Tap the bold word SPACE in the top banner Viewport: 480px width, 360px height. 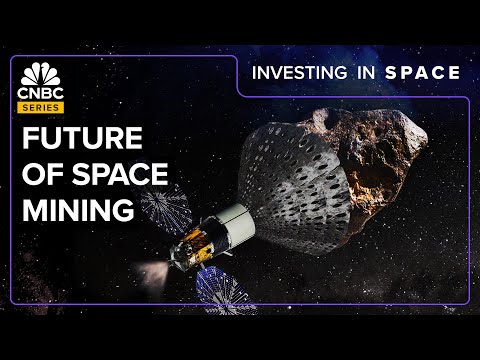tap(425, 72)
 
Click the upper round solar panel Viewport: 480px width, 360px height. tap(165, 204)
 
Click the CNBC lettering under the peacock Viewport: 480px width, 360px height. tap(37, 93)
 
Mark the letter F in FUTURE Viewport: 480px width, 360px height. tap(28, 139)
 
